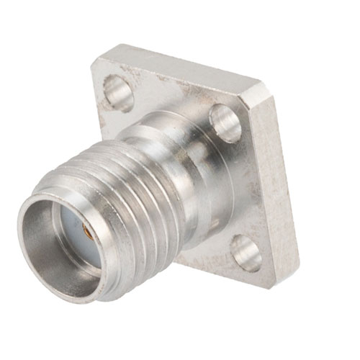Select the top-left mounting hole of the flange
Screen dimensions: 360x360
click(x=118, y=91)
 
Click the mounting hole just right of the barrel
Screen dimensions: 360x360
click(x=225, y=123)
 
